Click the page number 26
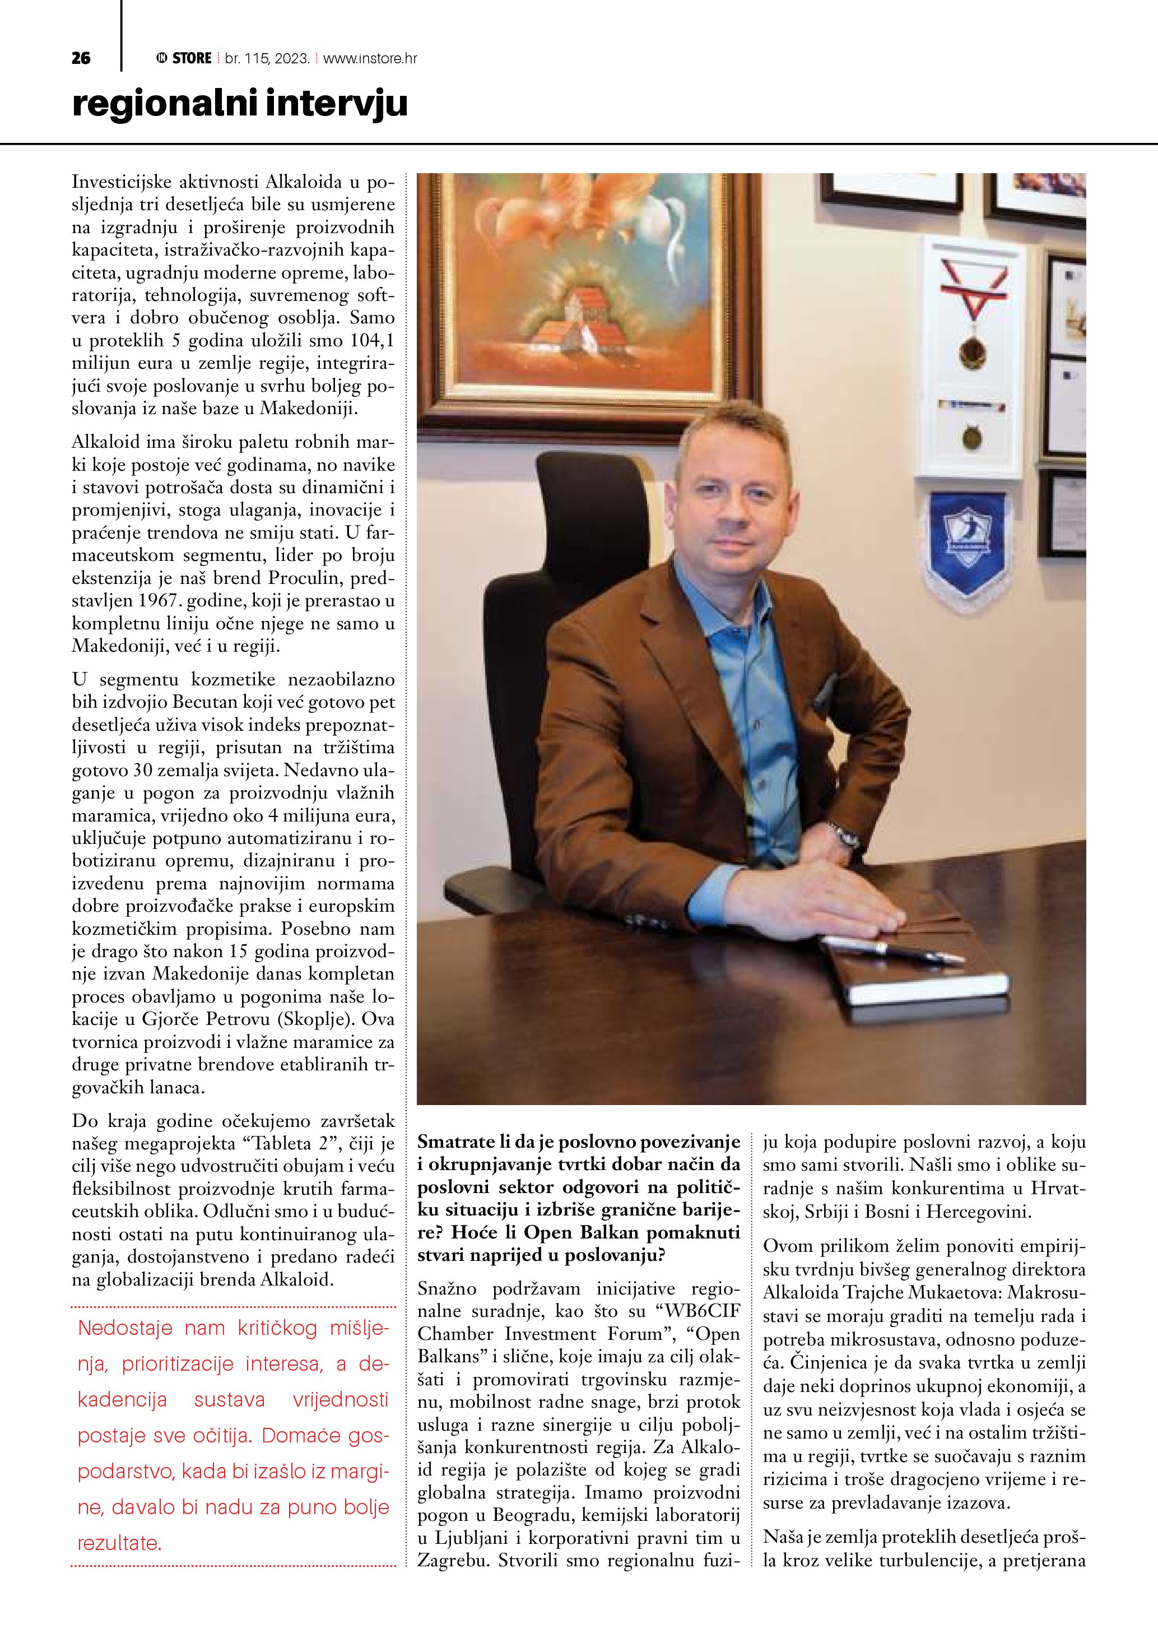(x=81, y=58)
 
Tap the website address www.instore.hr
(x=370, y=58)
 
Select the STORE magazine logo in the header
(x=184, y=58)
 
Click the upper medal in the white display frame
(x=969, y=349)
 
